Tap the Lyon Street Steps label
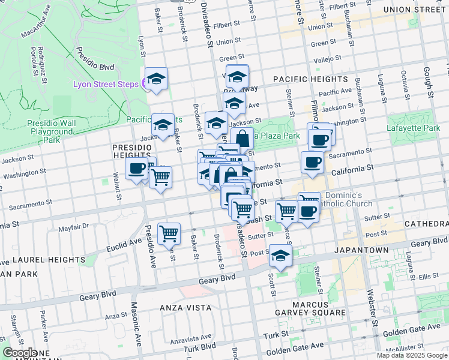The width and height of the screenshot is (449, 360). [x=106, y=84]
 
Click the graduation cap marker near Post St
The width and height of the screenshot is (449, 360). [x=280, y=256]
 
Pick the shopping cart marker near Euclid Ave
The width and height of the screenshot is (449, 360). [x=169, y=233]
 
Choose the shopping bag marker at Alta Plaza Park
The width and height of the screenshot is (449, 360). [x=242, y=139]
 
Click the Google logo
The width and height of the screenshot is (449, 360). [x=20, y=353]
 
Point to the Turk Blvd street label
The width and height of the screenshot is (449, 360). [x=200, y=348]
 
